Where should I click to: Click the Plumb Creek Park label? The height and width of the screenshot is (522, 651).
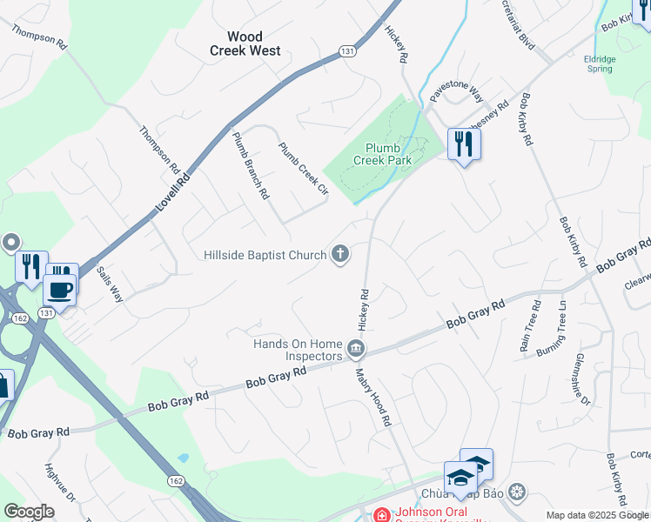pos(382,153)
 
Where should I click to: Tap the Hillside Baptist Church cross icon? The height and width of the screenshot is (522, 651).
pos(340,255)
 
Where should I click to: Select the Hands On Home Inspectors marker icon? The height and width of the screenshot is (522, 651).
pos(355,350)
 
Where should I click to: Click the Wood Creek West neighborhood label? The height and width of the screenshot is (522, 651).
pos(245,43)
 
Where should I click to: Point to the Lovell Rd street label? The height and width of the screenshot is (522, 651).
pos(172,192)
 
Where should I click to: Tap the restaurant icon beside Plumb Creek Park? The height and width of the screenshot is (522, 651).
pos(464,143)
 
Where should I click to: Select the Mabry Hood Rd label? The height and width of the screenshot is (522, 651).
pos(373,397)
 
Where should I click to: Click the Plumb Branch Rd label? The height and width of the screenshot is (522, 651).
pos(251,165)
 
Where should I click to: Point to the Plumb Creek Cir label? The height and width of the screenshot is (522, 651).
pos(303,168)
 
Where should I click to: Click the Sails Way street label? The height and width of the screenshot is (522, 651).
pos(111,284)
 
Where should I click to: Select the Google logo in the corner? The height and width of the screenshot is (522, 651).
pos(29,512)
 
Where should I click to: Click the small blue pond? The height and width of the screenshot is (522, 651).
pos(182,458)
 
